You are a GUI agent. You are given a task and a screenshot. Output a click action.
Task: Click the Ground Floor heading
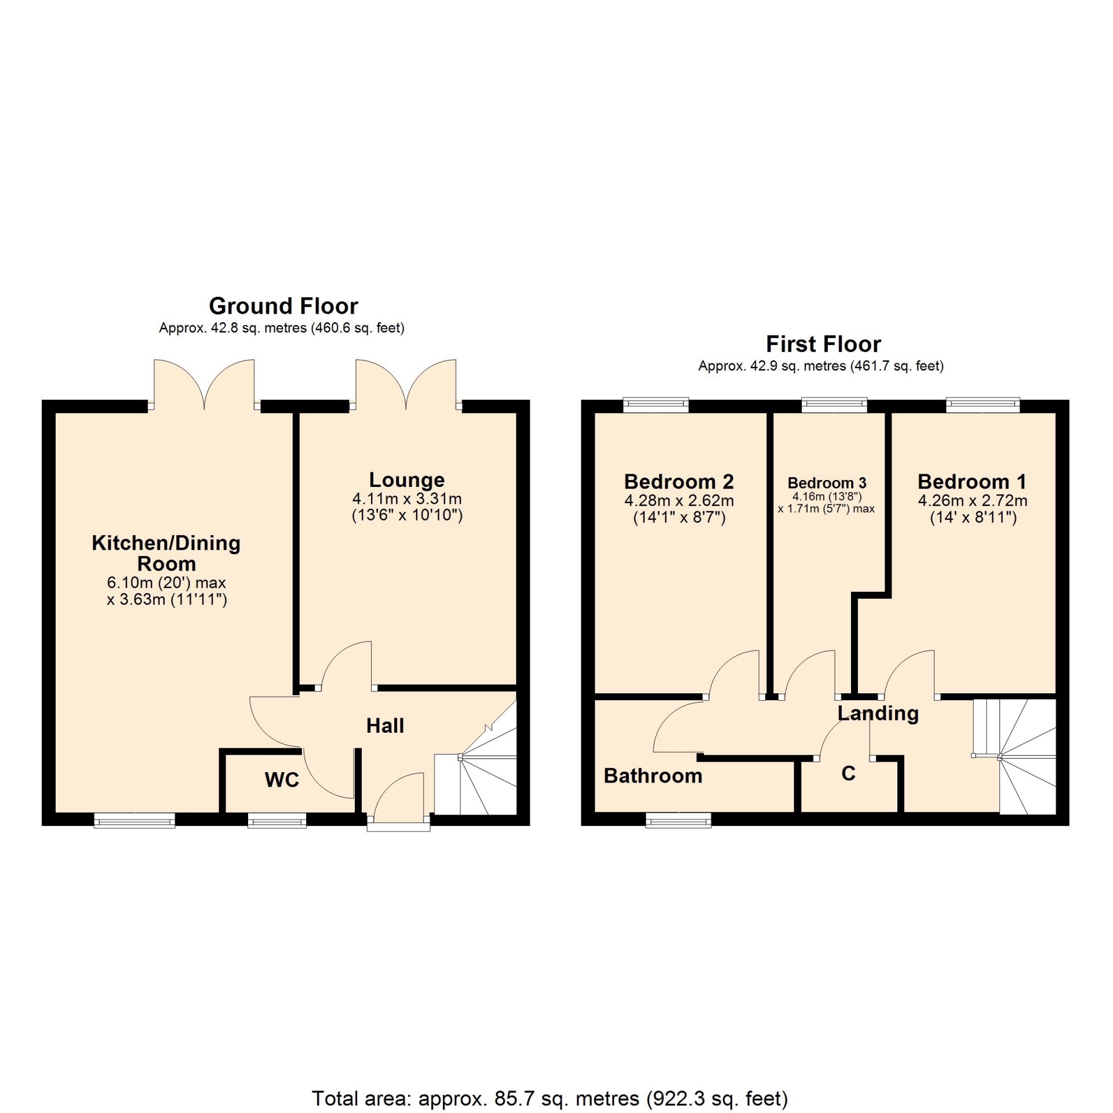283,306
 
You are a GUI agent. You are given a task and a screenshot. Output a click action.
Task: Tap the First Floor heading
823,344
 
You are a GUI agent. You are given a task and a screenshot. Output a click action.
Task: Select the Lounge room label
407,480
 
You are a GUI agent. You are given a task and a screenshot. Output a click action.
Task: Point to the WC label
282,780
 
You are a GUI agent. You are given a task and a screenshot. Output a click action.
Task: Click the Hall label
385,726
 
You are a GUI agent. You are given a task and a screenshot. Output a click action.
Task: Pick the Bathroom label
653,776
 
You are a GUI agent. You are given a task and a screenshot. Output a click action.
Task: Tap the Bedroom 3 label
827,483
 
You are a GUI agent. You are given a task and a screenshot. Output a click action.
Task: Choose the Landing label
878,714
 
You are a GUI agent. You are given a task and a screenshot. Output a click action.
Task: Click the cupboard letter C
849,773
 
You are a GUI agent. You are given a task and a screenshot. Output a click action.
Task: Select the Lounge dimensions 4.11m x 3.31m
407,499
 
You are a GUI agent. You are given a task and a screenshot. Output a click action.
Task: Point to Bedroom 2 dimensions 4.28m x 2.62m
679,501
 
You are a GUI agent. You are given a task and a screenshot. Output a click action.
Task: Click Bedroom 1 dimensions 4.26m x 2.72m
973,501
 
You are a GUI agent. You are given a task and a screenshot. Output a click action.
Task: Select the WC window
277,820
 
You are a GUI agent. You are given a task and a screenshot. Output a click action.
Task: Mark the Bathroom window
678,820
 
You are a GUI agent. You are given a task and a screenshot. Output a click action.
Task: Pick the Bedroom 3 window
834,405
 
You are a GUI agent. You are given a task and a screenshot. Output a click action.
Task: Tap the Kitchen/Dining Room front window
134,820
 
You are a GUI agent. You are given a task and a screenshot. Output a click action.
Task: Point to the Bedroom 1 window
983,405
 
